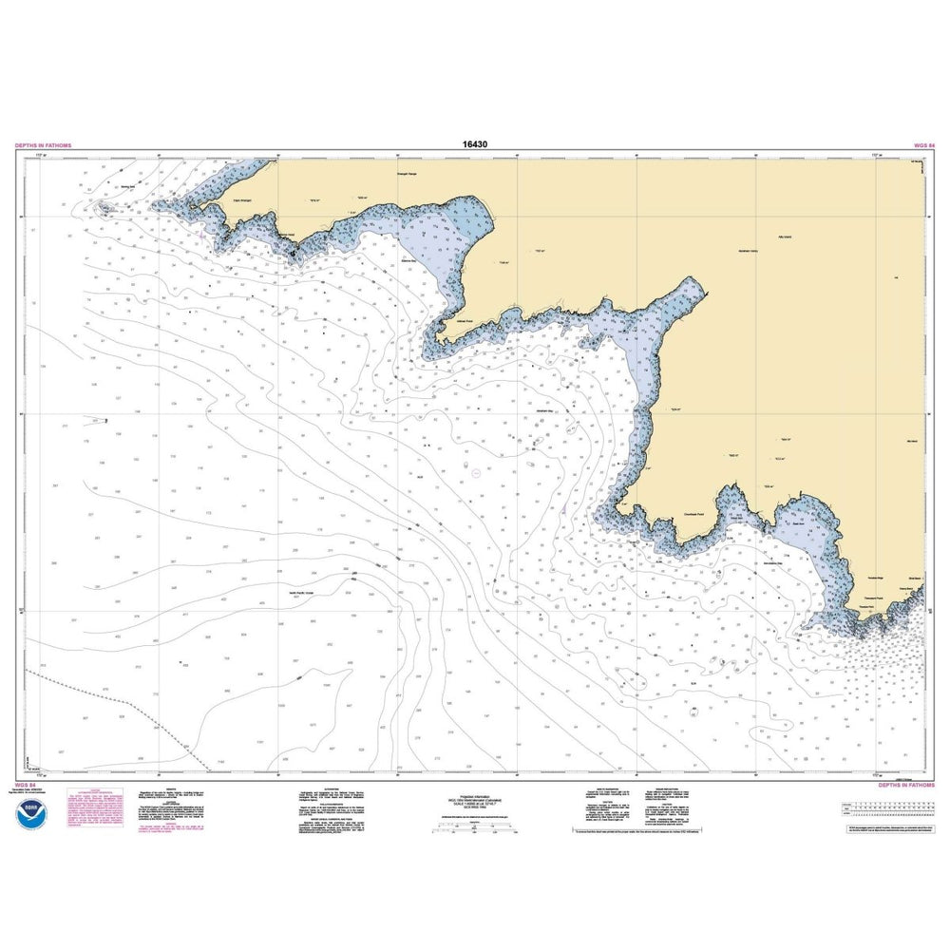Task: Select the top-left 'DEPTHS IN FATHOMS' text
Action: (44, 145)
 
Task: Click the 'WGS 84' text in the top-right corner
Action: (924, 145)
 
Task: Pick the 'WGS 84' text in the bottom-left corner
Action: (27, 786)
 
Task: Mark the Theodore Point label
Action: (865, 608)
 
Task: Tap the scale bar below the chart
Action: (475, 828)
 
